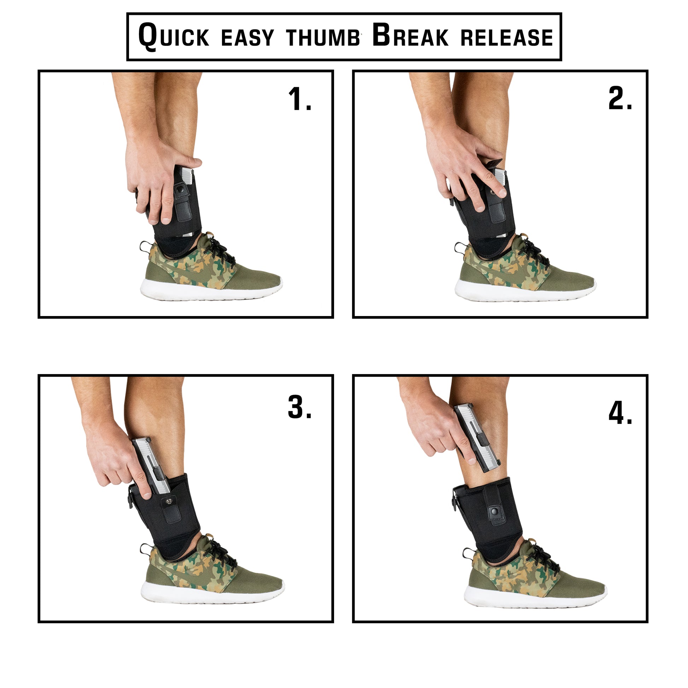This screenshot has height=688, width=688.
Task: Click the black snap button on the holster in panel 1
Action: click(x=181, y=188)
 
